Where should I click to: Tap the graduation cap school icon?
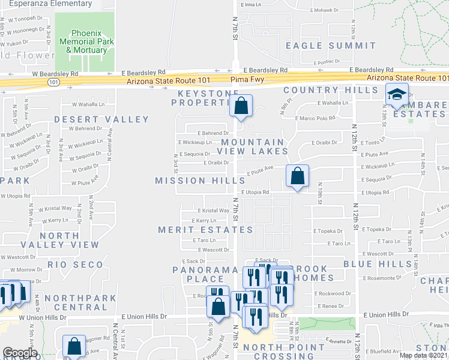(x=397, y=94)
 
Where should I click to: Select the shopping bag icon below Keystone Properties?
(x=241, y=106)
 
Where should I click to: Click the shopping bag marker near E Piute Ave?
(x=297, y=176)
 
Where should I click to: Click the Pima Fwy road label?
(x=247, y=79)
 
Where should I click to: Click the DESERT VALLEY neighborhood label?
(x=93, y=119)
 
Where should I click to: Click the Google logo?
(x=19, y=353)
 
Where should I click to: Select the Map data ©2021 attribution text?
(x=423, y=355)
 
